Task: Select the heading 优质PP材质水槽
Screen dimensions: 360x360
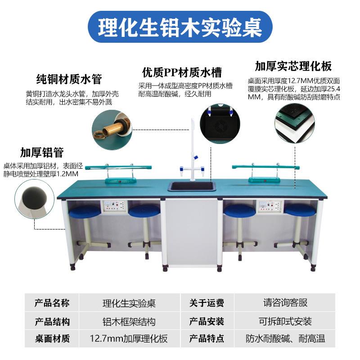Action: (182, 72)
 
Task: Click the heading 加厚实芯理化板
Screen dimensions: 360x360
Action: (293, 67)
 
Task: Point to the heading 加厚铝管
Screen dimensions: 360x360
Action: (41, 152)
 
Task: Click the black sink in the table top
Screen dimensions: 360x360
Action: (190, 185)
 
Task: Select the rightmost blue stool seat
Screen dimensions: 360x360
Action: (300, 209)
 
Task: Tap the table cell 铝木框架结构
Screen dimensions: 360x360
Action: (129, 321)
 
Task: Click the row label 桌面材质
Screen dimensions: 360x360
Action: (52, 339)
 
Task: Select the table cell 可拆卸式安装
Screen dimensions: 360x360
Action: (285, 321)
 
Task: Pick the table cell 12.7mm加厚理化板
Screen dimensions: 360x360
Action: (129, 339)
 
